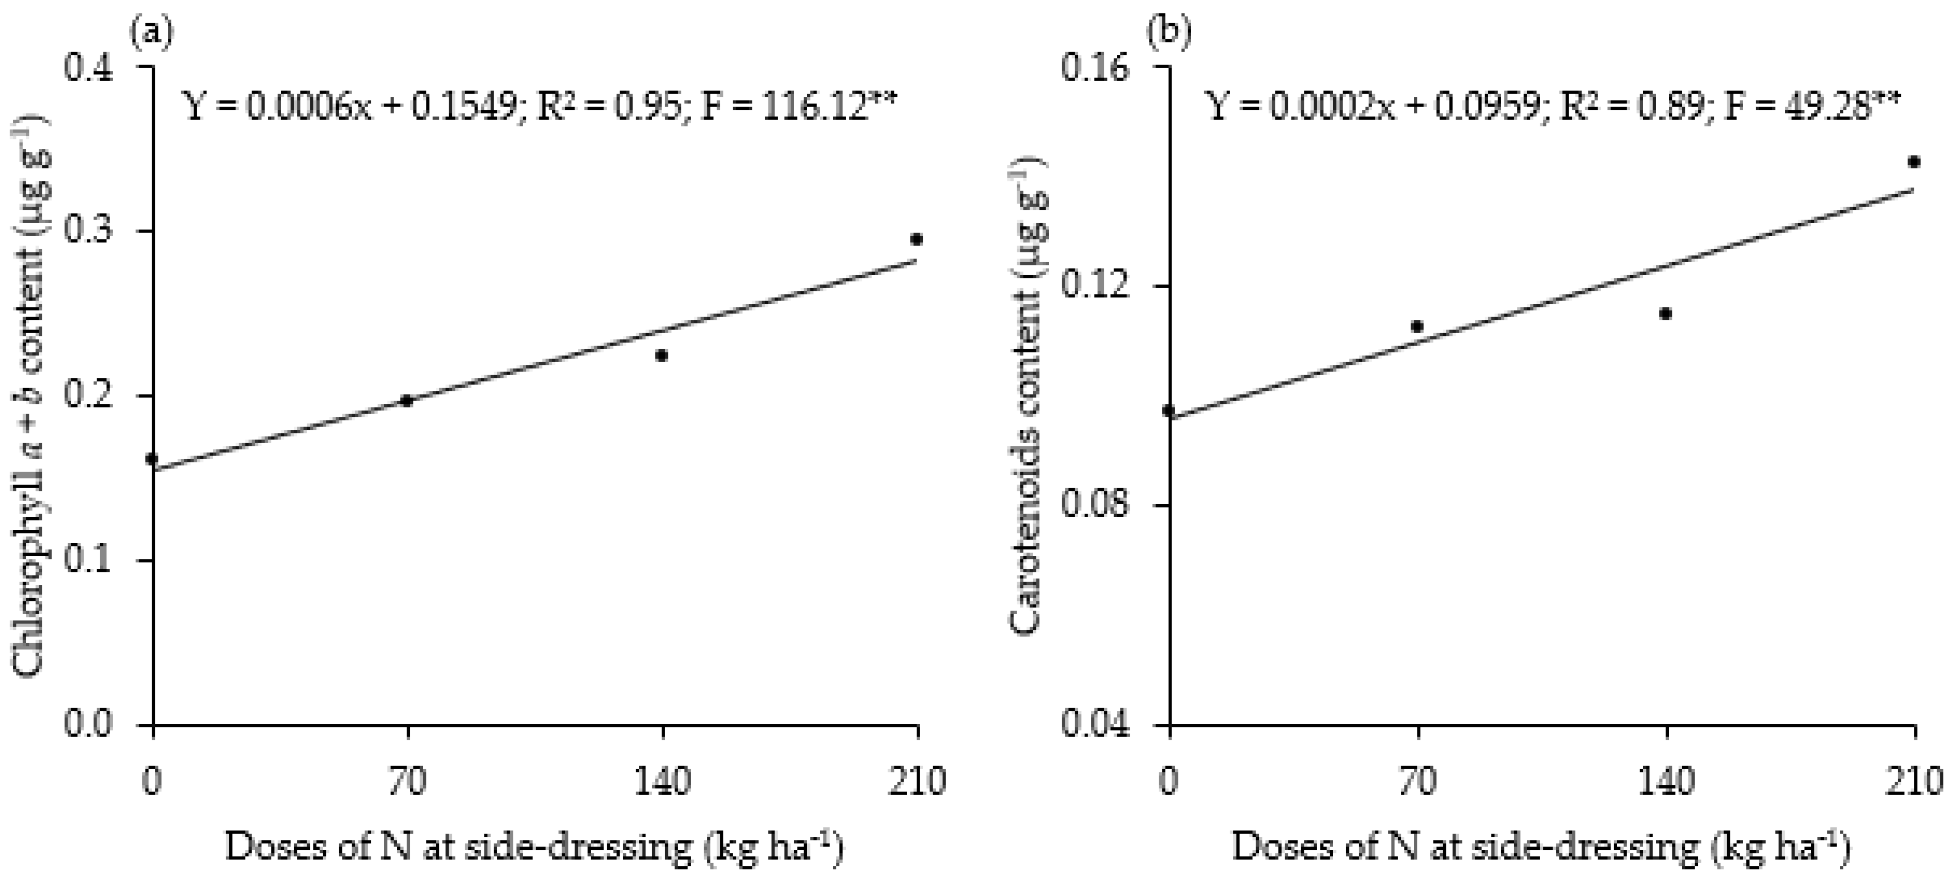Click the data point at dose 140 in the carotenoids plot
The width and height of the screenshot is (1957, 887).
1665,313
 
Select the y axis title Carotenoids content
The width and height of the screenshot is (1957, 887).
1027,395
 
